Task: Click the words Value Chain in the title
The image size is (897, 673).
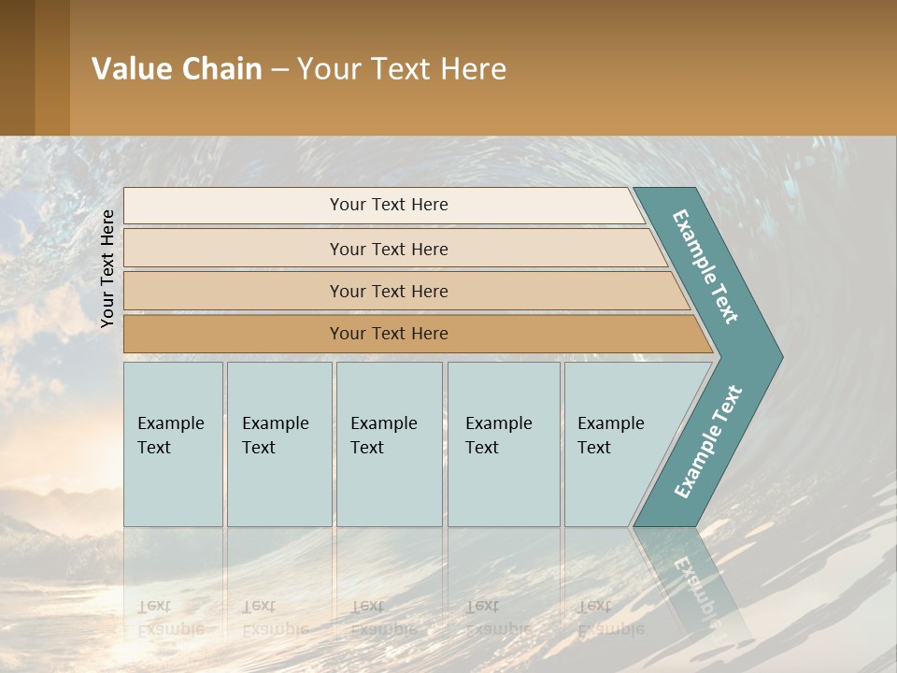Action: click(177, 69)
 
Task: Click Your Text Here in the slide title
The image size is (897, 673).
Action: click(402, 69)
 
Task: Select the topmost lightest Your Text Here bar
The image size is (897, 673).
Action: click(388, 205)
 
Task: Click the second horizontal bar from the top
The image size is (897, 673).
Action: click(388, 249)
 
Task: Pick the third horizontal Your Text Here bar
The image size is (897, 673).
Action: click(388, 291)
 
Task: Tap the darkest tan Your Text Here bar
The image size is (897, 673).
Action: click(388, 334)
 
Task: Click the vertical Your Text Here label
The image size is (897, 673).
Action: click(107, 268)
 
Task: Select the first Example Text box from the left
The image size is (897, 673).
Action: click(173, 444)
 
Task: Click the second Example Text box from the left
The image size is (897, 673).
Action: click(278, 444)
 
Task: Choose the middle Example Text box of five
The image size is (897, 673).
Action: click(389, 444)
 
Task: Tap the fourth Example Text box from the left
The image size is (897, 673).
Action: click(503, 444)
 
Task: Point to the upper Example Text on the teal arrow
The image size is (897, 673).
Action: click(705, 267)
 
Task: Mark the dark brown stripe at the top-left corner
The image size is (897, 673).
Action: click(17, 67)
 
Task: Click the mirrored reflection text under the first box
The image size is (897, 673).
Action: click(171, 618)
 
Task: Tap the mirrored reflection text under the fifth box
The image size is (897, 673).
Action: click(611, 618)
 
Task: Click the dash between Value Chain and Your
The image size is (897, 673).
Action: click(279, 70)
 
